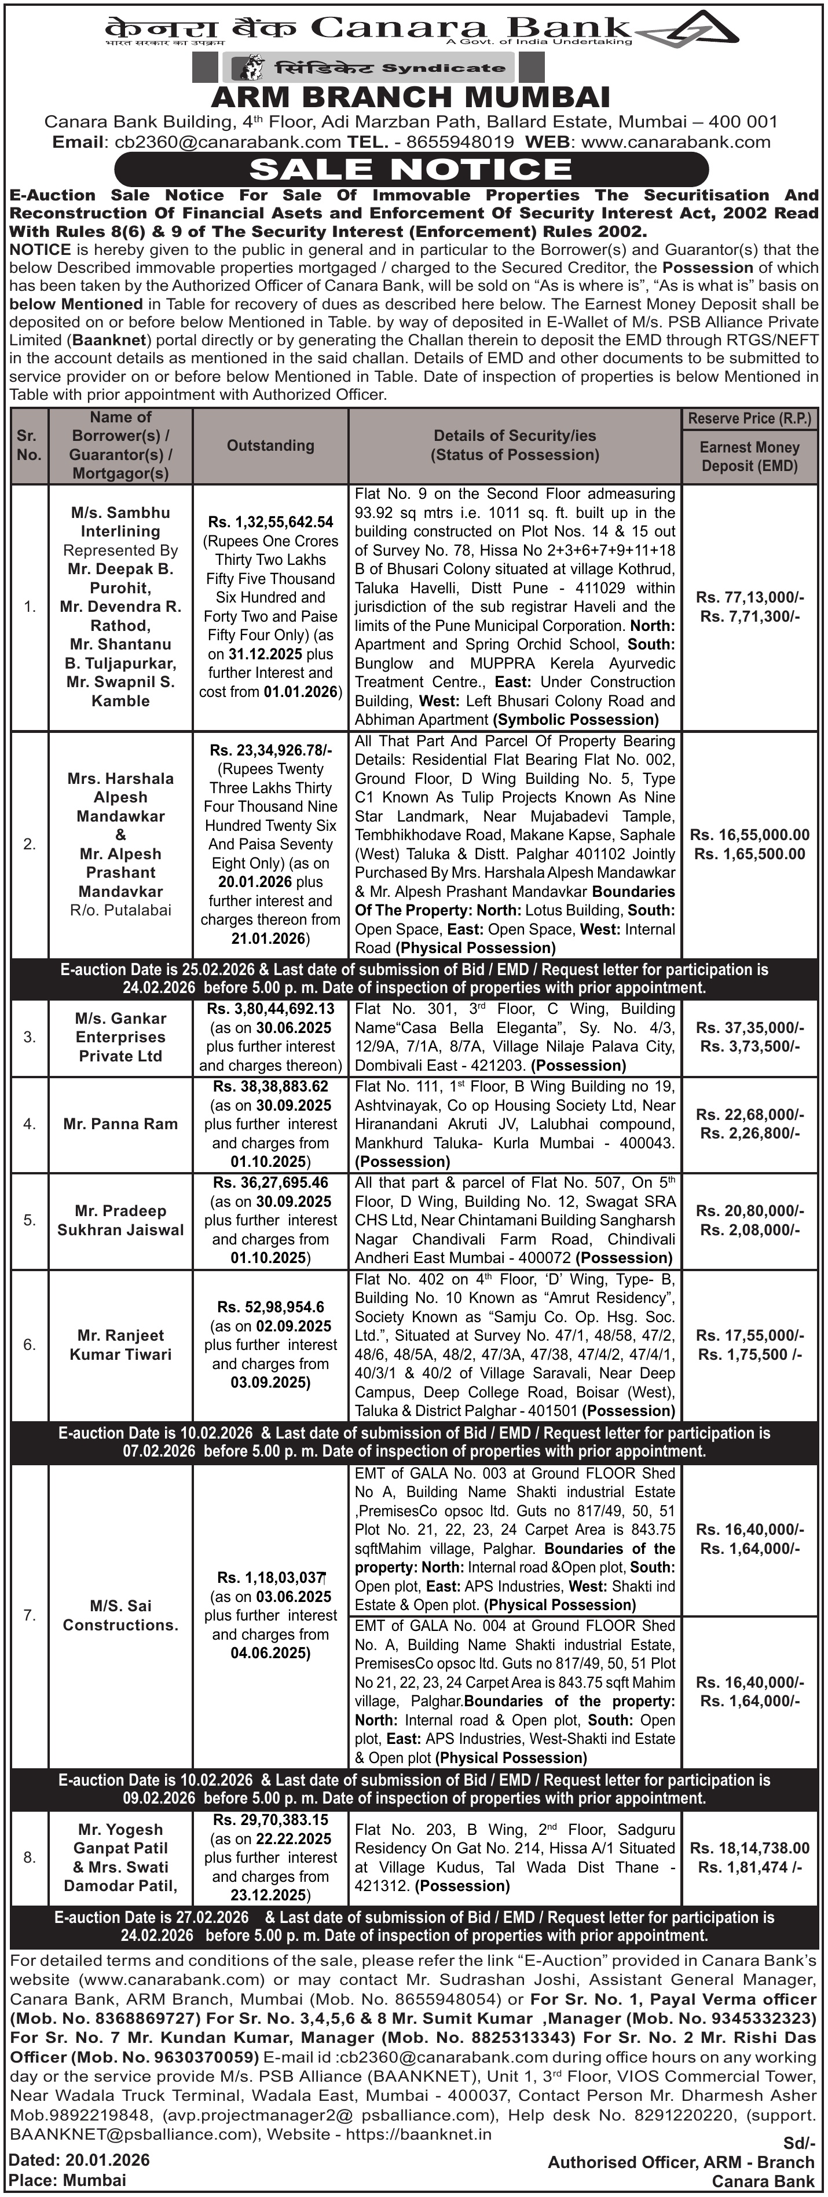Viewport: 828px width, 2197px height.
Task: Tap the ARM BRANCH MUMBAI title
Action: [x=411, y=96]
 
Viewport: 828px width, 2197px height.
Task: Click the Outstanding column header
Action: [x=270, y=445]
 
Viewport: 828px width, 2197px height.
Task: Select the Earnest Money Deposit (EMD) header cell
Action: [x=750, y=457]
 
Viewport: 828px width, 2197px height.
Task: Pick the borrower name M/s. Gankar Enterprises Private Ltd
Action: [x=120, y=1037]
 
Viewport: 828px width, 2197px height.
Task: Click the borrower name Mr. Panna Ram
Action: [x=120, y=1124]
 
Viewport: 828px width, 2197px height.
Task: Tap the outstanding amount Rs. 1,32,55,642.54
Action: [x=270, y=522]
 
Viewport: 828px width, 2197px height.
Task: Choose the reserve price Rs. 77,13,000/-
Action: [x=750, y=597]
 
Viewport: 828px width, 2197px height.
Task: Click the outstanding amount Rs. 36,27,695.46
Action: [x=270, y=1183]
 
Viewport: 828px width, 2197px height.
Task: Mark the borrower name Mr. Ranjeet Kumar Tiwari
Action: [x=120, y=1345]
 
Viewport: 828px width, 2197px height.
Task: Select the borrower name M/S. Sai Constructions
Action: [x=120, y=1615]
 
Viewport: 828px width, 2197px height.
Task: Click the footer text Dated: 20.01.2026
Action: [x=79, y=2160]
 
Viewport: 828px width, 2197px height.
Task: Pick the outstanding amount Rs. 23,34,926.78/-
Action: [x=270, y=750]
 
